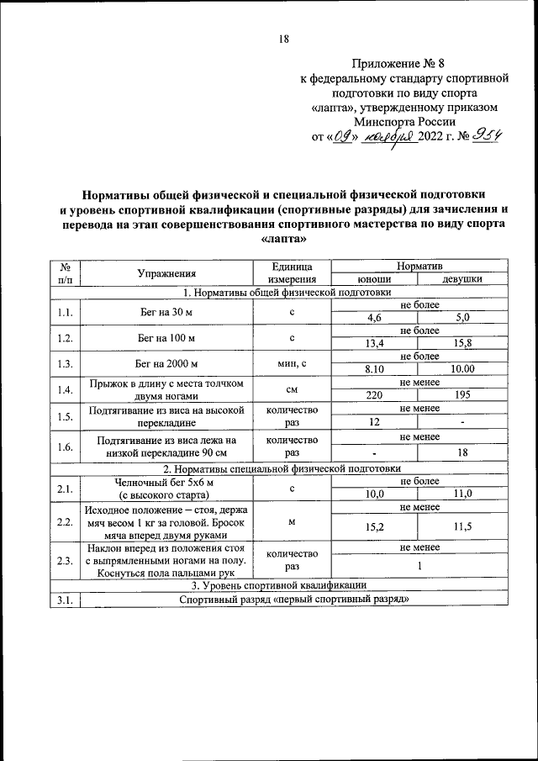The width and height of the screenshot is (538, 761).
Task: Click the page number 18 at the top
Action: click(x=283, y=39)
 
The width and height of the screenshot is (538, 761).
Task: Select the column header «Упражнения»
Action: click(x=168, y=272)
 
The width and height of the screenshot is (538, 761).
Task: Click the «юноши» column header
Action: click(x=374, y=280)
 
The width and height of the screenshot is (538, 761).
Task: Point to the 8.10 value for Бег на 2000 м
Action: click(x=374, y=368)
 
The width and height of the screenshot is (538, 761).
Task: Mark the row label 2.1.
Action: click(x=65, y=488)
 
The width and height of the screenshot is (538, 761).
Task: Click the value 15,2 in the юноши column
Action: click(x=374, y=527)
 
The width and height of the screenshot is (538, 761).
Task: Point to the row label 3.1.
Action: click(x=65, y=600)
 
